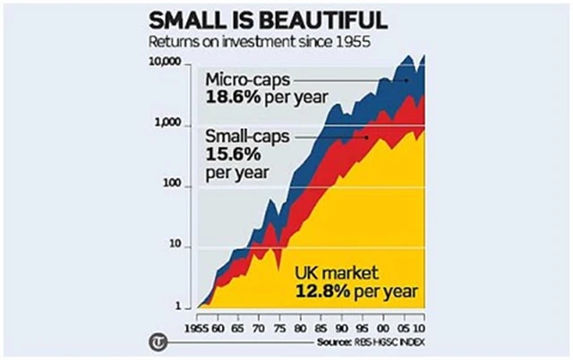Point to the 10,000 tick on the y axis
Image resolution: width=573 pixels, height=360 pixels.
(167, 64)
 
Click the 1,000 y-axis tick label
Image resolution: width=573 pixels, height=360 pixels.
(170, 124)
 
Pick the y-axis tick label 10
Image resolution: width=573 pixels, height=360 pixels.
(176, 246)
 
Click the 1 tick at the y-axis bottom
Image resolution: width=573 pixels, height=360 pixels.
(179, 305)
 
